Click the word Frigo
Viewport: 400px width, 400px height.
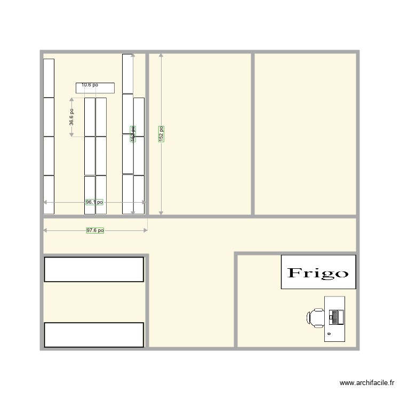tap(318, 273)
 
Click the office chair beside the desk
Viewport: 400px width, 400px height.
tap(316, 317)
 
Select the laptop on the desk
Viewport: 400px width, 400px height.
tap(336, 317)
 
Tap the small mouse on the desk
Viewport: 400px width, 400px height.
tap(329, 333)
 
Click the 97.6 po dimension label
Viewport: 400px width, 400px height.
tap(95, 230)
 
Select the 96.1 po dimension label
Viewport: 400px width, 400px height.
tap(94, 202)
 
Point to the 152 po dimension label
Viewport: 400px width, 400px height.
tap(161, 133)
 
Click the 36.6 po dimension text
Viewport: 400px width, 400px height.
tap(71, 117)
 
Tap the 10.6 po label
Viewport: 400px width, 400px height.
tap(90, 85)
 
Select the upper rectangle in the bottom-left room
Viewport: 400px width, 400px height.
tap(94, 269)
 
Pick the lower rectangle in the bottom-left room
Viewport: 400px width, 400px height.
tap(94, 334)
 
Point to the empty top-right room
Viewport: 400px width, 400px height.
tap(305, 133)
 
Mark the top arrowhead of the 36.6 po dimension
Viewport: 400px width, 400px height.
tap(71, 99)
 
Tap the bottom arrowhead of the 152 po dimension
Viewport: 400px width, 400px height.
tap(161, 213)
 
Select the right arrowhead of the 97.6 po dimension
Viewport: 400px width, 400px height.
tap(145, 230)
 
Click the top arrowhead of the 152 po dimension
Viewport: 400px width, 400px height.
tap(161, 55)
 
